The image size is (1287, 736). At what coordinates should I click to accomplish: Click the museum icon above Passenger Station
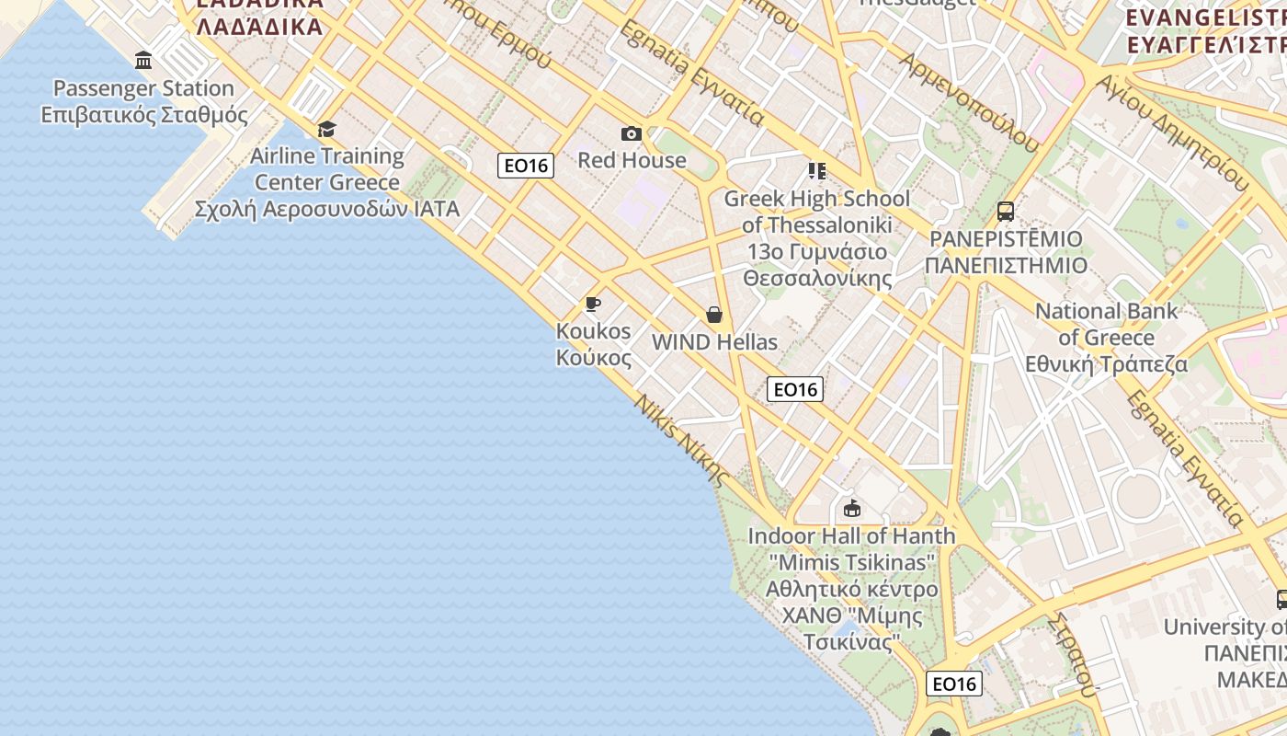click(x=143, y=61)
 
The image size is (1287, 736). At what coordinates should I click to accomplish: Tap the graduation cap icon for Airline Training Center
click(x=326, y=129)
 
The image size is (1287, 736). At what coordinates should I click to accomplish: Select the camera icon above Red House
click(x=631, y=134)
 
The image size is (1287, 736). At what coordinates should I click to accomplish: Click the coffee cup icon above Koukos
click(x=593, y=304)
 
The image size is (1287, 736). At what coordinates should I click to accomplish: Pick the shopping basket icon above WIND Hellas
click(x=714, y=315)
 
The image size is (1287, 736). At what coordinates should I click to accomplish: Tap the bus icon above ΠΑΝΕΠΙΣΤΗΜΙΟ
click(x=1006, y=212)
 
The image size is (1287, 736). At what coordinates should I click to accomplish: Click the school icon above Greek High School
click(x=816, y=171)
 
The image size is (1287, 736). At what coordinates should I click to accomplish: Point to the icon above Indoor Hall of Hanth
click(x=851, y=508)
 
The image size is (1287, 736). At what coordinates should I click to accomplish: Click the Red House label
click(x=632, y=160)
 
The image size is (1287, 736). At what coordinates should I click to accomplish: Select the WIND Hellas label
click(x=714, y=342)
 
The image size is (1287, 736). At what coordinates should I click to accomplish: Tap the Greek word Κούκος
click(x=594, y=358)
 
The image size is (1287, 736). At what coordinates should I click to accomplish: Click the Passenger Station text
click(x=143, y=88)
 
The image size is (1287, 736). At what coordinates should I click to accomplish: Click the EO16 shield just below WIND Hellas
click(x=795, y=389)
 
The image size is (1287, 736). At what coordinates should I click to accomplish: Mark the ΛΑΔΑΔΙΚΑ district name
click(x=260, y=26)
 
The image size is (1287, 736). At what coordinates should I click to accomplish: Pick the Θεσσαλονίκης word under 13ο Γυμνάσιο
click(x=817, y=278)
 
